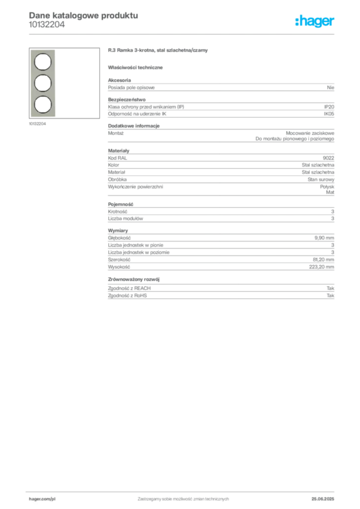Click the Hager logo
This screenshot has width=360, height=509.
[315, 21]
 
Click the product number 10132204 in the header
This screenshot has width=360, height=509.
[47, 25]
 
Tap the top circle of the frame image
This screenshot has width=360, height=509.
[43, 62]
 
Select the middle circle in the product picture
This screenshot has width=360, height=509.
[43, 83]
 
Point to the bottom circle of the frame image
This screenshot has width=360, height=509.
[43, 104]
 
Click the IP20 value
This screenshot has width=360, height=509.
[329, 107]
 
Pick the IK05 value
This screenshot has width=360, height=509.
[329, 114]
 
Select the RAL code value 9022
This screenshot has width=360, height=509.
[329, 158]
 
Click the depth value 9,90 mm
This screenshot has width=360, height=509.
[324, 238]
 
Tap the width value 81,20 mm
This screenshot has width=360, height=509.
[324, 259]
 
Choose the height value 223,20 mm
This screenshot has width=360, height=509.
[322, 267]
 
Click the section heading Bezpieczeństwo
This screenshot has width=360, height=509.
[127, 99]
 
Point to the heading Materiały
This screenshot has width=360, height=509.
[118, 151]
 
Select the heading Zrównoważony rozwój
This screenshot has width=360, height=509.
[134, 279]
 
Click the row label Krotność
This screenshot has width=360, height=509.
[117, 212]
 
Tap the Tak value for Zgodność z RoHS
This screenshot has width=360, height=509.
[331, 296]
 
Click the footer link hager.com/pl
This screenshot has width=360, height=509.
[42, 499]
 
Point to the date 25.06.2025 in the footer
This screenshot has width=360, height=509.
[323, 499]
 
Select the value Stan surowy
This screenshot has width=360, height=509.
[321, 179]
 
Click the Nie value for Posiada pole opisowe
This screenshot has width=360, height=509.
[331, 87]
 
